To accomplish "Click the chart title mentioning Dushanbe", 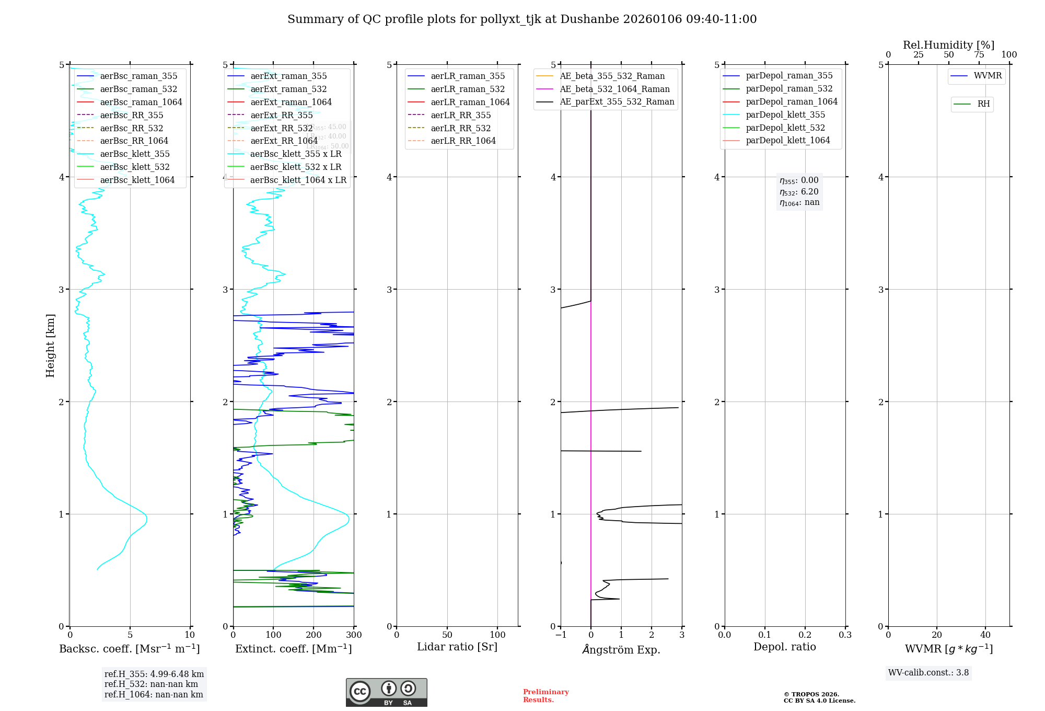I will coord(522,19).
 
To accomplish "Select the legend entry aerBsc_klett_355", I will coord(134,154).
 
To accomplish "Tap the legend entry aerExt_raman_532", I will coord(288,89).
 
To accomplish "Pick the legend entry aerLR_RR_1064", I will coord(463,141).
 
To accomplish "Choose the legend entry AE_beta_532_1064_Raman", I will coord(614,89).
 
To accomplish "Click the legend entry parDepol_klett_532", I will coord(785,128).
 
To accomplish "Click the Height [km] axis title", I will coord(50,345).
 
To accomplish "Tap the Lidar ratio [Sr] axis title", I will coord(457,647).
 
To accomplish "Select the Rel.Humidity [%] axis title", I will coord(948,45).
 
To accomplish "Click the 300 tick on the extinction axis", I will coord(354,635).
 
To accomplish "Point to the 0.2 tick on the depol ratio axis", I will coord(805,635).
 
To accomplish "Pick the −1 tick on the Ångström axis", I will coord(561,635).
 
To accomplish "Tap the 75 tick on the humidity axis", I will coord(979,55).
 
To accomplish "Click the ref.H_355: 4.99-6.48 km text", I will coord(154,674).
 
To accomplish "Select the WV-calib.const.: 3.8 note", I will coord(928,673).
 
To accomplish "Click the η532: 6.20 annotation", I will coord(799,192).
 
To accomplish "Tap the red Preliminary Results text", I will coord(545,696).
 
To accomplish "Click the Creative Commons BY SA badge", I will coord(386,693).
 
